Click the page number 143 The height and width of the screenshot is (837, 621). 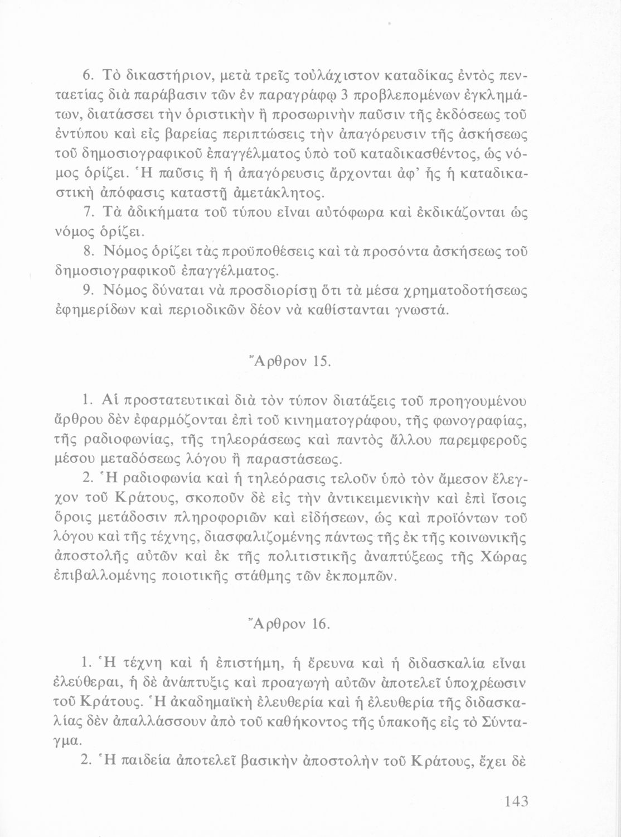click(x=516, y=803)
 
